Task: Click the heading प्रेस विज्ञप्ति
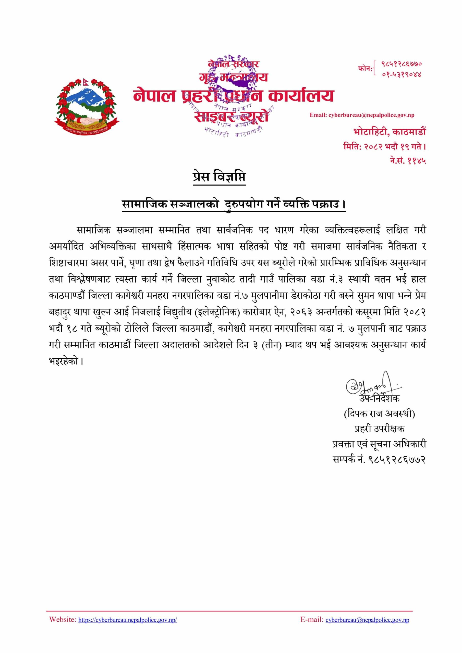pos(219,177)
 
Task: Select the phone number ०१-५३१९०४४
pos(401,74)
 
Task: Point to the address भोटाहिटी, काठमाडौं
pos(390,132)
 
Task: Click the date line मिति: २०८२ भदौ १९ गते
pos(385,147)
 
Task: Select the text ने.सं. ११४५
pos(408,161)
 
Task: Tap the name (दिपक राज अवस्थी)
pos(379,413)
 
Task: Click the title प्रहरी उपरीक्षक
pos(379,429)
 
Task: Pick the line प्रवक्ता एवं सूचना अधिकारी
pos(379,444)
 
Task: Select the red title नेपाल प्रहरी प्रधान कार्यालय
pos(233,96)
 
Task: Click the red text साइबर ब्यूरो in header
pos(231,116)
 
